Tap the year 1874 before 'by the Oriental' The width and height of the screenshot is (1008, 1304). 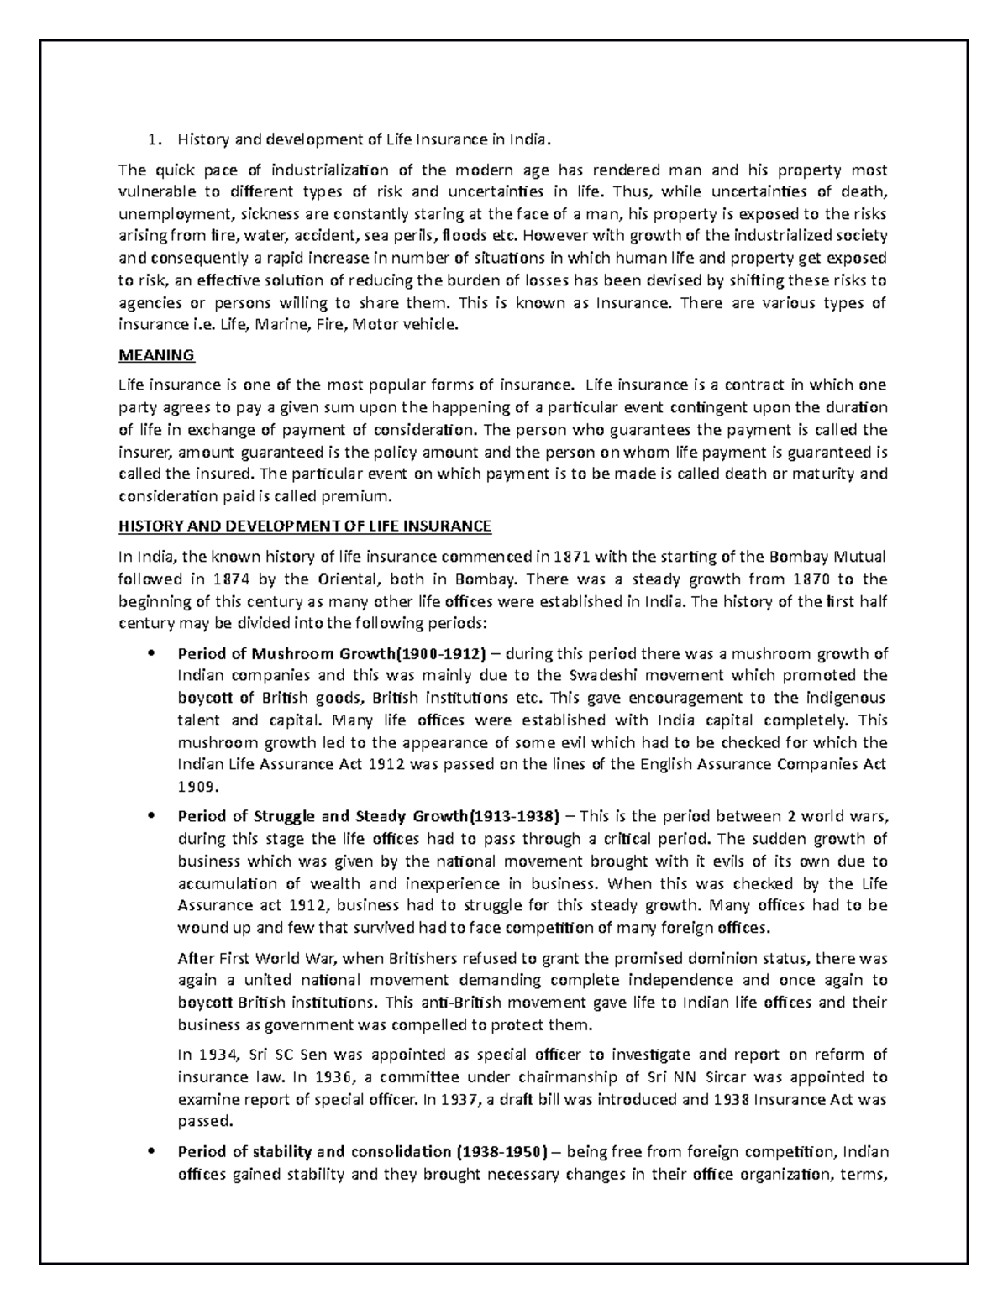click(x=231, y=579)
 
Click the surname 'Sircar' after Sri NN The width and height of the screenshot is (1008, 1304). click(x=706, y=1076)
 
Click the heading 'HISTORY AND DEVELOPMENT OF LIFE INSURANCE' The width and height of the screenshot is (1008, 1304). click(x=305, y=526)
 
